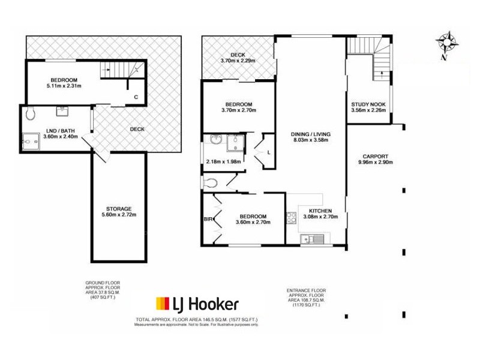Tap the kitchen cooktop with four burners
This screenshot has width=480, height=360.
click(292, 218)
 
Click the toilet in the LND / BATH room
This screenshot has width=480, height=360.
click(31, 113)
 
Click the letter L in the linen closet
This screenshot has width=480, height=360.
click(269, 153)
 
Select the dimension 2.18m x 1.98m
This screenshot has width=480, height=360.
click(223, 161)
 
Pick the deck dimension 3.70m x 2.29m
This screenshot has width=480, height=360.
click(238, 61)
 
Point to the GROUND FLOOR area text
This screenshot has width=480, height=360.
click(105, 290)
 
